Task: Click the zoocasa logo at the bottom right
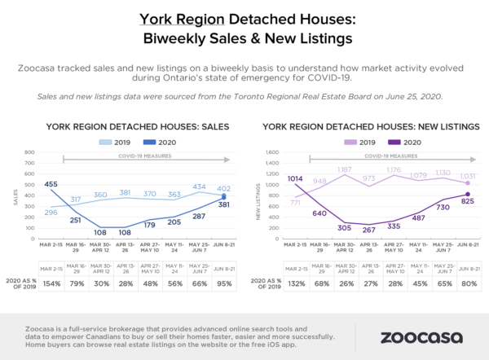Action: point(416,334)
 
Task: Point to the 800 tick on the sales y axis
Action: point(29,151)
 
